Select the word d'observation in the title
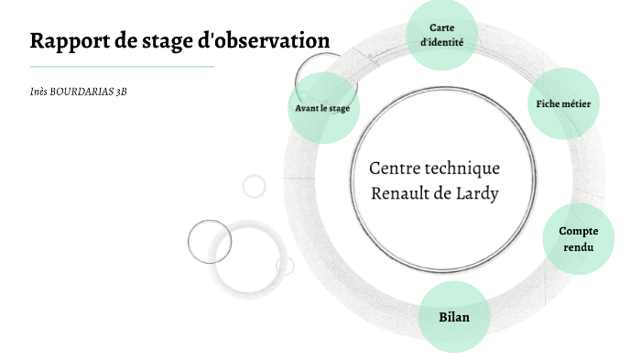click(x=265, y=41)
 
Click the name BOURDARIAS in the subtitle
click(x=80, y=93)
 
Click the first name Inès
click(x=38, y=93)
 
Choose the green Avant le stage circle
click(x=321, y=108)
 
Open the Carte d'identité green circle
click(x=441, y=36)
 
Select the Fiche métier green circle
click(x=562, y=104)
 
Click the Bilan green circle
click(x=453, y=317)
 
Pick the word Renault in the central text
click(x=400, y=194)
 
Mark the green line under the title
click(x=122, y=66)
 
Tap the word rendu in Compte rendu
click(x=578, y=247)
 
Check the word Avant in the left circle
click(x=308, y=108)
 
